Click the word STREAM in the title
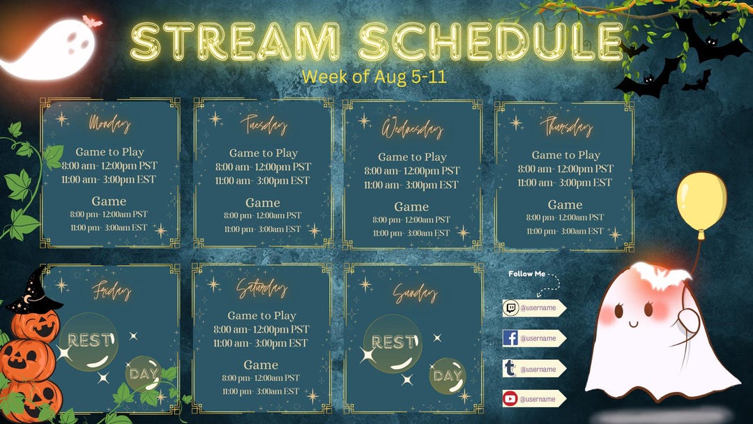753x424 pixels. click(x=235, y=41)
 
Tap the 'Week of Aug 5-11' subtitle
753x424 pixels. click(x=374, y=76)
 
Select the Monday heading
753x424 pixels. click(x=109, y=124)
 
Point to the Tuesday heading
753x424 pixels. click(x=263, y=124)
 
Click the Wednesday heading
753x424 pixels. click(x=411, y=129)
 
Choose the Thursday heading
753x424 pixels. click(x=565, y=127)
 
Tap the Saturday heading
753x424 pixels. click(x=261, y=288)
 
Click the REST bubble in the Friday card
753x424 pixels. click(x=89, y=341)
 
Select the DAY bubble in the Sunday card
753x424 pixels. click(x=447, y=376)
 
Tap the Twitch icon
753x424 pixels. click(x=510, y=308)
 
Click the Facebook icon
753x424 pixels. click(x=510, y=338)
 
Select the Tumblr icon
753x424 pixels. click(x=510, y=369)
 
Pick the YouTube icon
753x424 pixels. click(x=510, y=399)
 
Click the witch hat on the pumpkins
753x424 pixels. click(x=35, y=293)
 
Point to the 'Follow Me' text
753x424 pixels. click(x=527, y=274)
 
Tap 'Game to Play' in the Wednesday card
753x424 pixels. click(x=411, y=157)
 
